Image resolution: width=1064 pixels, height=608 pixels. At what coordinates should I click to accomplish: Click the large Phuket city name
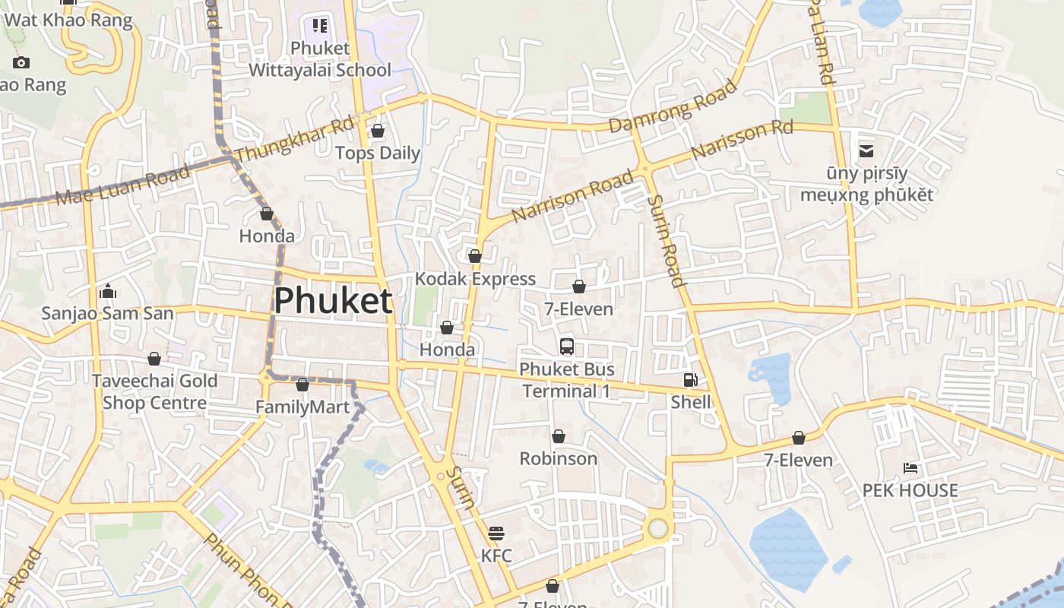pos(333,301)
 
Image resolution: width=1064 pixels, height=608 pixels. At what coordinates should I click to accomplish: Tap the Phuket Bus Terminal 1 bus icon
pos(566,347)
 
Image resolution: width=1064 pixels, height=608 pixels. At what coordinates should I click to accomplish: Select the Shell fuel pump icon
pos(690,379)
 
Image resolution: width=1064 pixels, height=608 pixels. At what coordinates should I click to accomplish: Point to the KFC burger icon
pos(496,533)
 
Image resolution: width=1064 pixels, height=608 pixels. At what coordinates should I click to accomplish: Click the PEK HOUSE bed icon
pos(910,467)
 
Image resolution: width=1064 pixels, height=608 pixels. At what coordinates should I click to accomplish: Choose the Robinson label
pos(558,459)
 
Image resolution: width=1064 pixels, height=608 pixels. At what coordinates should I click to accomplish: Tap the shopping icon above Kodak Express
pos(475,256)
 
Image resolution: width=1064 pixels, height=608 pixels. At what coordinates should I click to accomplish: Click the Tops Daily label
pos(378,153)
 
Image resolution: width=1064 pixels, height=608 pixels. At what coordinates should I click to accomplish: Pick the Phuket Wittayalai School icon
pos(320,26)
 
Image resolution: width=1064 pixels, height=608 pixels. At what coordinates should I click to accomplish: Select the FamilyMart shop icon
pos(302,385)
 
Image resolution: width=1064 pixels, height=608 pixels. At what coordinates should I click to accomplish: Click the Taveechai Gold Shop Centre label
pos(155,391)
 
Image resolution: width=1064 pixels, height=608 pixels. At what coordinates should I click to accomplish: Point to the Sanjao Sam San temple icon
pos(107,291)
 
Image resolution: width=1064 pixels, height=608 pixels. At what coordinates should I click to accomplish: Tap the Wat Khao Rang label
pos(68,20)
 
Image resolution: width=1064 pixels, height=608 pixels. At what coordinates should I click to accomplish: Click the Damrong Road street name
pos(673,106)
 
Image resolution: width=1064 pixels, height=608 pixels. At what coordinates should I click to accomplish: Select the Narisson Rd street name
pos(742,140)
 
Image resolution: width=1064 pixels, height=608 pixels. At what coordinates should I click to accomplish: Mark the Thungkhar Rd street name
pos(295,139)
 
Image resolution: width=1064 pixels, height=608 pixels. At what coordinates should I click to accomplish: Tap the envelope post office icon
pos(866,151)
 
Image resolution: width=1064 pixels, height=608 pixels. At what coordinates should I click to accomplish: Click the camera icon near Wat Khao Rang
pos(21,62)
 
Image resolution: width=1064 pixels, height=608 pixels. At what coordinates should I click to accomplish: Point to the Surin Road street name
pos(667,240)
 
